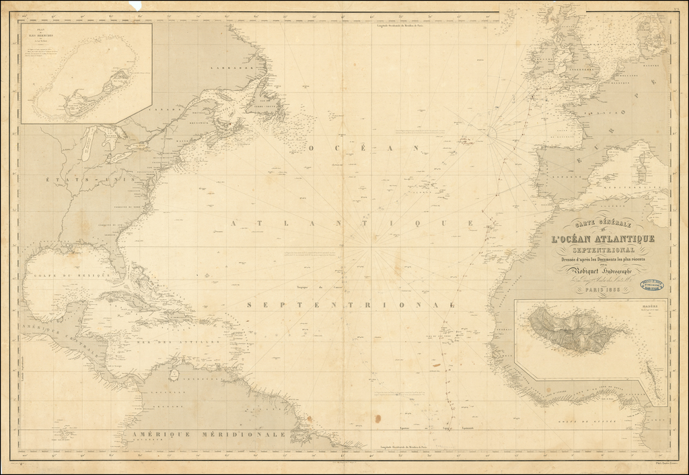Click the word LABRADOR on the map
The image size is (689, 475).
pyautogui.click(x=225, y=69)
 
